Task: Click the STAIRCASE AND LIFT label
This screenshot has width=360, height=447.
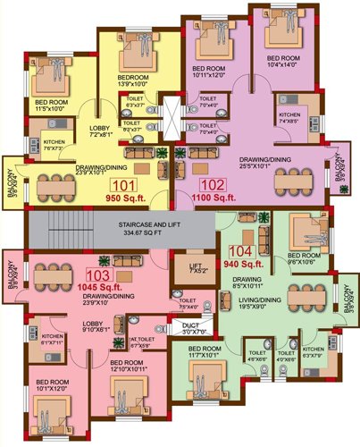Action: point(121,223)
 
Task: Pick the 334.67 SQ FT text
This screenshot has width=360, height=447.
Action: point(121,232)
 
